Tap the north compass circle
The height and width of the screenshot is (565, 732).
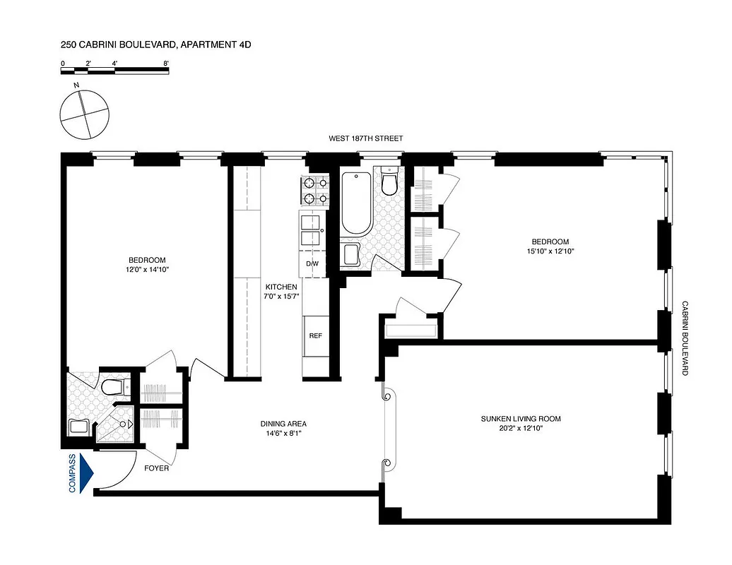click(85, 115)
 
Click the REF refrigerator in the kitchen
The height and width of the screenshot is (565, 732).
click(315, 335)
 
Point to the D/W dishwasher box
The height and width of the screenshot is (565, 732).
click(312, 263)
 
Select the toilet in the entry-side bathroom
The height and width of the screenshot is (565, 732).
click(113, 386)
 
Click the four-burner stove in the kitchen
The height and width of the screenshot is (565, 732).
click(312, 191)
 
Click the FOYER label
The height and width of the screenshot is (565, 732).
click(156, 468)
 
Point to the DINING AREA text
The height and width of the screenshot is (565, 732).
click(283, 424)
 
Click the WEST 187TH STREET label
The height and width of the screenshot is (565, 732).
click(365, 138)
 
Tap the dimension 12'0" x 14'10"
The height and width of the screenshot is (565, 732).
click(147, 269)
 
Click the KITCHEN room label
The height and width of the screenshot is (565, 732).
click(281, 287)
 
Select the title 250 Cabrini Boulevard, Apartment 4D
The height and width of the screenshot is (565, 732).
click(155, 44)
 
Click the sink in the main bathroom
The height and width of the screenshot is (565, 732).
click(350, 254)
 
